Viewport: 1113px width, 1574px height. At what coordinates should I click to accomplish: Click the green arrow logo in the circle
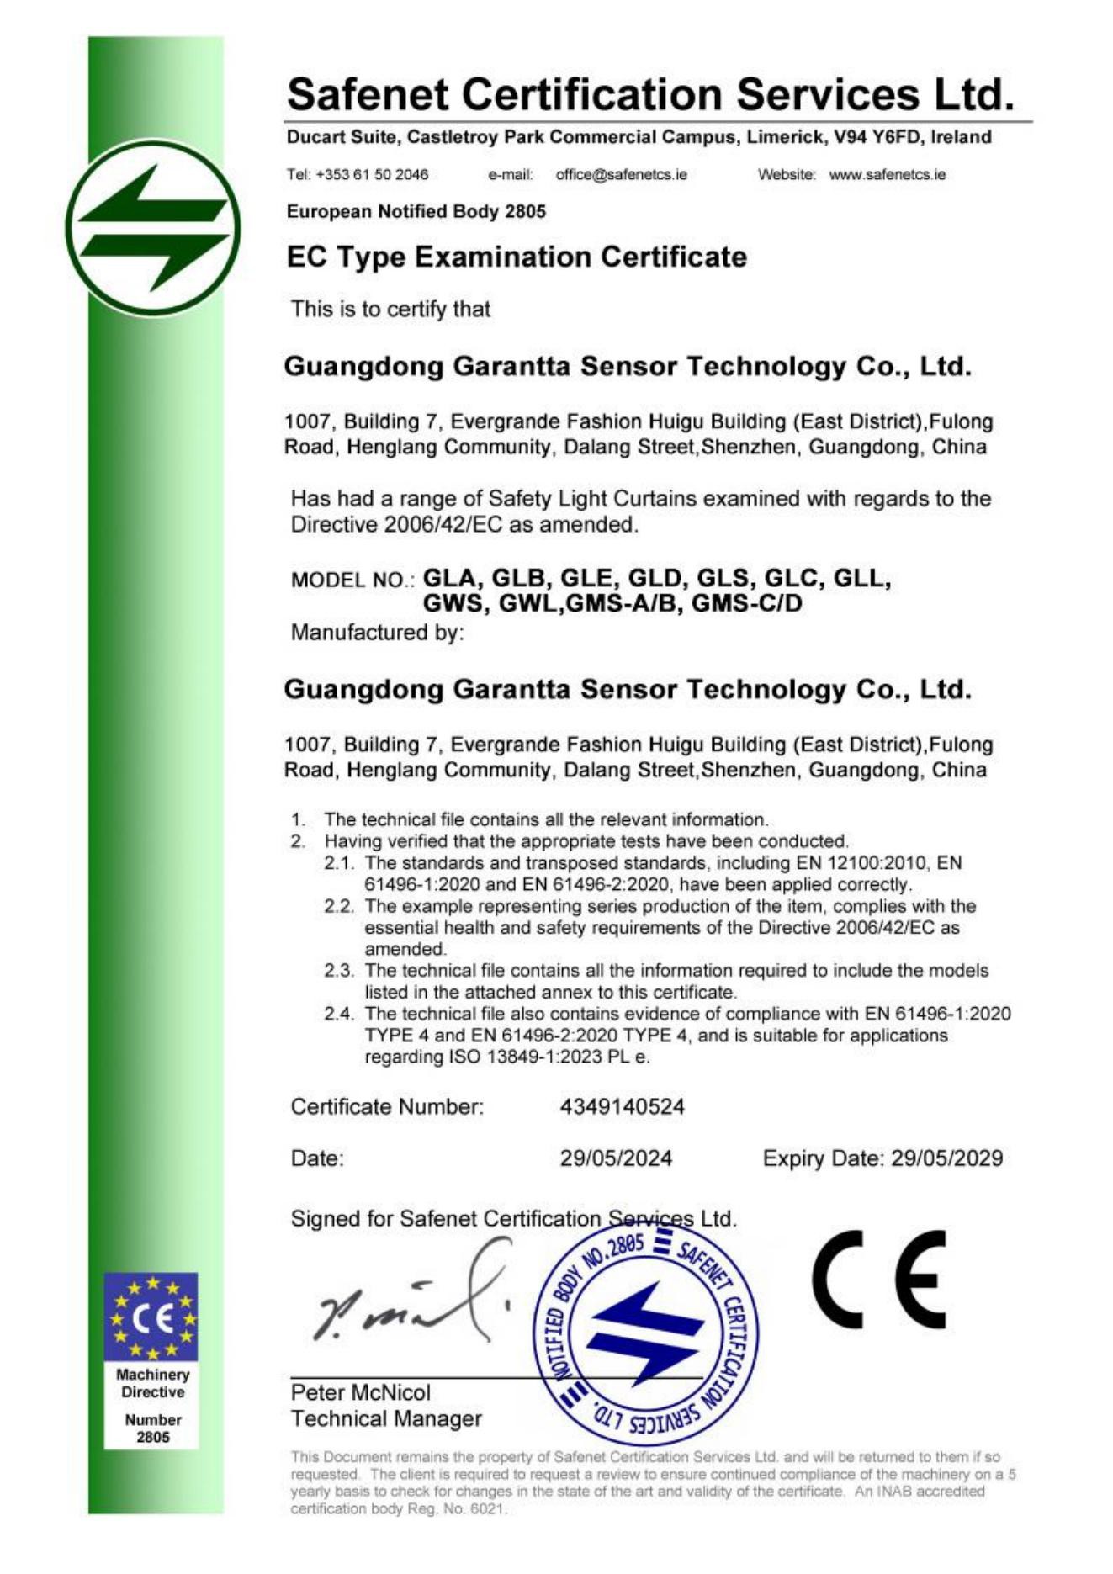[153, 228]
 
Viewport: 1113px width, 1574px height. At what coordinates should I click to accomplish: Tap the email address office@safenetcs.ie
[621, 175]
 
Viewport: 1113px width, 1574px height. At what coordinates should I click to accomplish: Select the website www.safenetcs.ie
[887, 175]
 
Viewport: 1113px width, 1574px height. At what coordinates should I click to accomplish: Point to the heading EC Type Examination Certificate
[517, 257]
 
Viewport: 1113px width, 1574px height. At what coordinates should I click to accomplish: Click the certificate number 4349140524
[622, 1106]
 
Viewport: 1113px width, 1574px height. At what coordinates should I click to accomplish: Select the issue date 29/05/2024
[616, 1158]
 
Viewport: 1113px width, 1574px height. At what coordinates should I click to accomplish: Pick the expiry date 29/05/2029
[946, 1158]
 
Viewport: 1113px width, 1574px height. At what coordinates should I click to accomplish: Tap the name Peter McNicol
[360, 1392]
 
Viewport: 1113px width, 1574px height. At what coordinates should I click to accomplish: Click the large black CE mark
[879, 1279]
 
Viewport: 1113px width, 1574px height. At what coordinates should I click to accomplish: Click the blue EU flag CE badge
[151, 1317]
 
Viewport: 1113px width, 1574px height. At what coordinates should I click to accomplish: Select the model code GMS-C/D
[746, 603]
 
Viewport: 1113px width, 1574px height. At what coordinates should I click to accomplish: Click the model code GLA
[449, 578]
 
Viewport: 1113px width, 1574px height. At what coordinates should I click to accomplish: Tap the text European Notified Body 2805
[416, 211]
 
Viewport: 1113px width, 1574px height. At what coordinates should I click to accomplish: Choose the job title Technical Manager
[386, 1419]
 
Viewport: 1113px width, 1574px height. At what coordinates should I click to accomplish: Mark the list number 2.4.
[339, 1014]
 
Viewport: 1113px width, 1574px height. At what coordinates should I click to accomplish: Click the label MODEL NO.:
[352, 580]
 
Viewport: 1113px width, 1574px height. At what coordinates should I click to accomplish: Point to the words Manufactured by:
[377, 632]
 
